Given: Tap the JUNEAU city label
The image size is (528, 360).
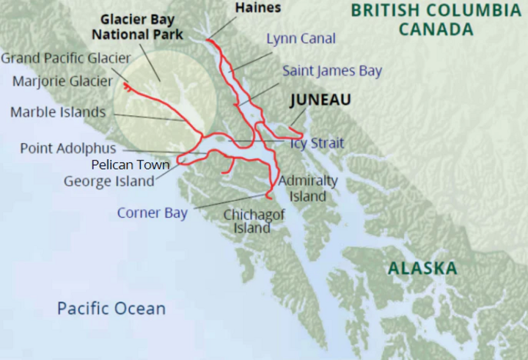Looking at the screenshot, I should coord(319,100).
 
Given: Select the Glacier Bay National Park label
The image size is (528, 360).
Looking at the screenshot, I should coord(137,27).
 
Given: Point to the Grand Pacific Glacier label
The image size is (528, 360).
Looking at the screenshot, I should coord(66,58).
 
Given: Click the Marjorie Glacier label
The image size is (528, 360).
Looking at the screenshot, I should coord(63,81).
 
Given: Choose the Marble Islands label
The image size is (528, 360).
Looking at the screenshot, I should coord(58,112).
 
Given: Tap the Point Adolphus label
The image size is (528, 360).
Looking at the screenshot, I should coord(68,148).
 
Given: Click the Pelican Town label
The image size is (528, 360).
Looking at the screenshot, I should coord(131,164).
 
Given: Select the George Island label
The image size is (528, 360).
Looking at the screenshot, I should coord(109,180).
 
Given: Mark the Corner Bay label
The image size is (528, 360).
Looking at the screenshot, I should coord(153,213).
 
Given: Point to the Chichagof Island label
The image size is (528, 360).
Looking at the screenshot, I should coord(247,221).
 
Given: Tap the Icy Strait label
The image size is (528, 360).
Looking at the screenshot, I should coord(317,143).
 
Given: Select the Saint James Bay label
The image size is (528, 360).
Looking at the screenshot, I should coord(332,71).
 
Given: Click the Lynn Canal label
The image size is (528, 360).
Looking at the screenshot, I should coord(301,39).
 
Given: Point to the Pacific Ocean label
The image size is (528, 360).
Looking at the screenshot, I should coord(111,308).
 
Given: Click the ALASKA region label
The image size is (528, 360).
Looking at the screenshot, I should coord(422,268).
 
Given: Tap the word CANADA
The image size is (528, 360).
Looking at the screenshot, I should coord(436,30).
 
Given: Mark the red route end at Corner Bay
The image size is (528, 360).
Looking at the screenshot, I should coord(268,196).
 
